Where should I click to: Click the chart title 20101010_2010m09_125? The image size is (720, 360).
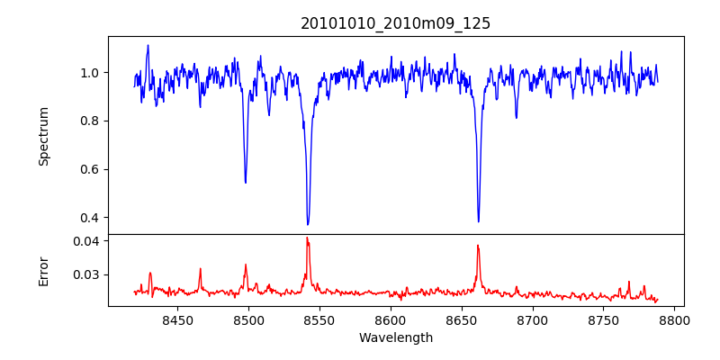coord(395,23)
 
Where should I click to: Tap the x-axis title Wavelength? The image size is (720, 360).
coord(395,337)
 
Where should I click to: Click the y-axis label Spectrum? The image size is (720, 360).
coord(44,136)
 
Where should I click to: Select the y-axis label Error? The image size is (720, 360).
coord(44,270)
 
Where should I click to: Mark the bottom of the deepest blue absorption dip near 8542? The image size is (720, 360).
coord(308,224)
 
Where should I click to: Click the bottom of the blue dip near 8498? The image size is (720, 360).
coord(246,183)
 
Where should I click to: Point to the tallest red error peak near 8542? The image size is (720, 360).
coord(307,238)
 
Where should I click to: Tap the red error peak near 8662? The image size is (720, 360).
coord(478,246)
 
